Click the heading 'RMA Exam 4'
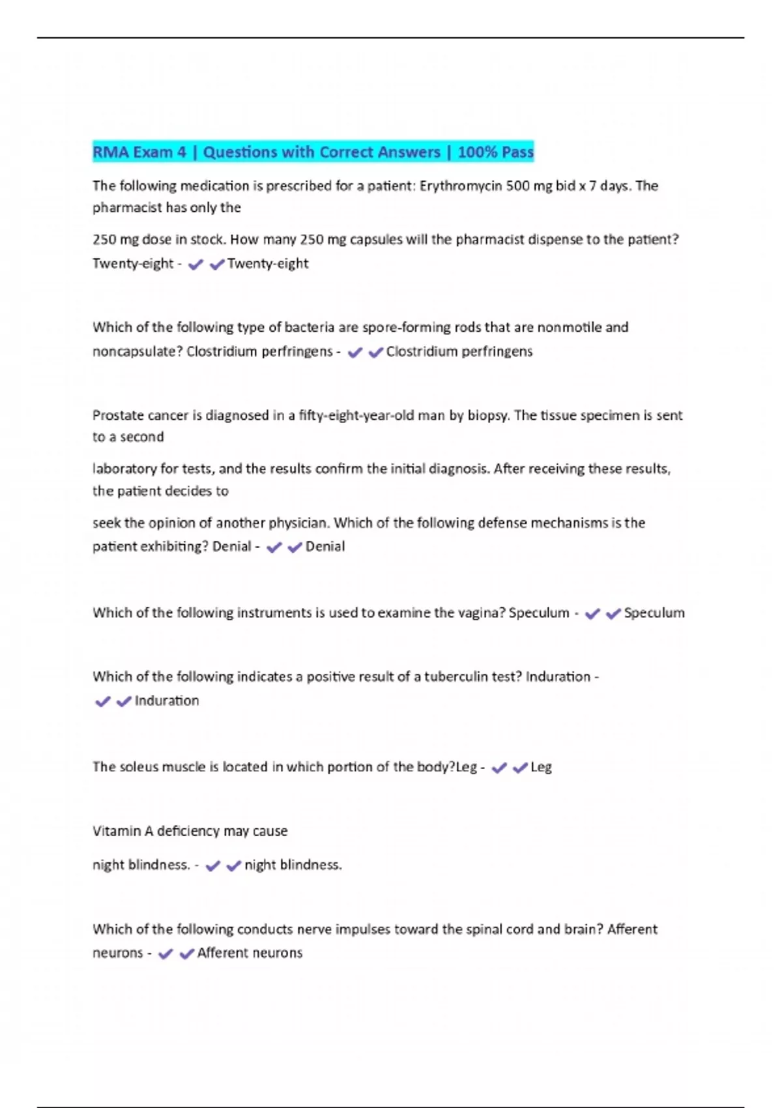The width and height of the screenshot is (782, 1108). coord(139,152)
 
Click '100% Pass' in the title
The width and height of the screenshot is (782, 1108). coord(495,152)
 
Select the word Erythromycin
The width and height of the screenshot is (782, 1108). coord(461,186)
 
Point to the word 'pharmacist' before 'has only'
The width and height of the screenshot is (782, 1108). coord(122,207)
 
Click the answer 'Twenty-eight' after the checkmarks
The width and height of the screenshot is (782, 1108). coord(268,263)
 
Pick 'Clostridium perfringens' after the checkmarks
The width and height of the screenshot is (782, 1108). coord(459,351)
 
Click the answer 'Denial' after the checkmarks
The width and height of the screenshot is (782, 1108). coord(325,546)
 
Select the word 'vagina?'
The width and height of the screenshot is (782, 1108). coord(480,613)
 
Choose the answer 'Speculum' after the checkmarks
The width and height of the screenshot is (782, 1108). coord(654,613)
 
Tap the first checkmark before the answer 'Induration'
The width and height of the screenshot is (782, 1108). coord(102,701)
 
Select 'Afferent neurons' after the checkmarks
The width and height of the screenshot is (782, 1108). coord(250,953)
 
